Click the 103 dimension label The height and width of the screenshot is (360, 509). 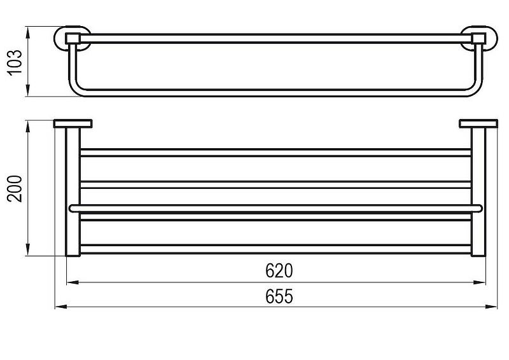point(15,62)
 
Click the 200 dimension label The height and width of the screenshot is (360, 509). point(15,189)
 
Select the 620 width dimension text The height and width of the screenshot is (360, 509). point(279,271)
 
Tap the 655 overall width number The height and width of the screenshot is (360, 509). point(279,296)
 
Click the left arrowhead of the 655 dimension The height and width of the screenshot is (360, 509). point(60,307)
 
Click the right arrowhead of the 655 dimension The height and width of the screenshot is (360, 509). point(491,307)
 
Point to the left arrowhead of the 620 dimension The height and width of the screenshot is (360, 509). point(73,282)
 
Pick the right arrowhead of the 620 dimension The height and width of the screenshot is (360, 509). point(479,282)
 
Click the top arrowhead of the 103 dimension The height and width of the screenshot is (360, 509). point(28,33)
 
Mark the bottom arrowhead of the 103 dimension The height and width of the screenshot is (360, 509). point(28,90)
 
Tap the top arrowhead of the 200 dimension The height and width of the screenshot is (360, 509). point(28,127)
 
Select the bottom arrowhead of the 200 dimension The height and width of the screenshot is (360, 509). point(28,249)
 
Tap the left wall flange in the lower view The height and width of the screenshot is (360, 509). point(73,123)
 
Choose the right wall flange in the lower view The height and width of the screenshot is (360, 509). point(478,123)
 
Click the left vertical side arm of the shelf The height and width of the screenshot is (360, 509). point(73,192)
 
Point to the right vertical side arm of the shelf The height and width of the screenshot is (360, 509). point(478,192)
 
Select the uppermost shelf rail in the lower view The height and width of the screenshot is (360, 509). point(275,153)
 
